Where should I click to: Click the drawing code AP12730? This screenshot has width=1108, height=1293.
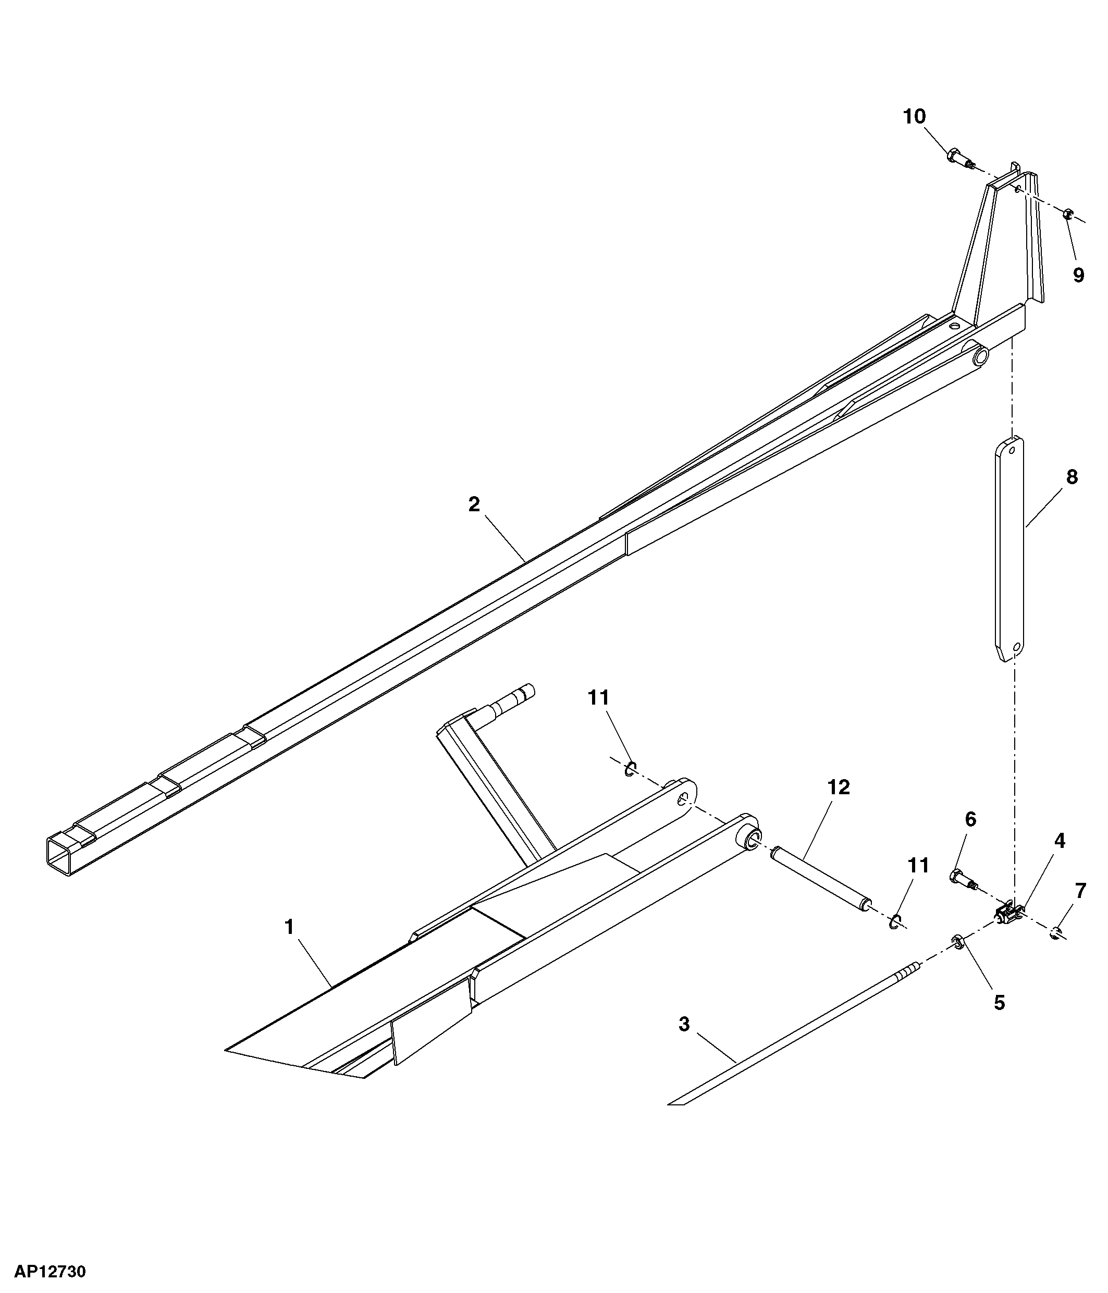pyautogui.click(x=50, y=1271)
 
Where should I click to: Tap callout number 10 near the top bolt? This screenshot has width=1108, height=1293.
pyautogui.click(x=915, y=117)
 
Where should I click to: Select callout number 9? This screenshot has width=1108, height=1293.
pyautogui.click(x=1079, y=275)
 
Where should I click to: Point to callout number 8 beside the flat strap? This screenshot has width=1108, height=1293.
pyautogui.click(x=1072, y=477)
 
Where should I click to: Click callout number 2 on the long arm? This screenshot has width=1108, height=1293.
pyautogui.click(x=474, y=504)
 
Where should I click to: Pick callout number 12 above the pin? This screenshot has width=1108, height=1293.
pyautogui.click(x=839, y=787)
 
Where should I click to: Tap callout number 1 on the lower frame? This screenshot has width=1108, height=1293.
pyautogui.click(x=289, y=927)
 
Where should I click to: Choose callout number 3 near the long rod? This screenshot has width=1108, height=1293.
pyautogui.click(x=684, y=1024)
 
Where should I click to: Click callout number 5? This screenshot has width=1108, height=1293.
pyautogui.click(x=1000, y=1003)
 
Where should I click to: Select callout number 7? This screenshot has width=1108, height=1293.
pyautogui.click(x=1080, y=891)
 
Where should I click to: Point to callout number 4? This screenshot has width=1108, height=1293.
pyautogui.click(x=1060, y=841)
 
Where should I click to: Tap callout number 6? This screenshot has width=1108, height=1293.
pyautogui.click(x=970, y=819)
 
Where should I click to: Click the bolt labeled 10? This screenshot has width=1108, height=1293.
pyautogui.click(x=962, y=159)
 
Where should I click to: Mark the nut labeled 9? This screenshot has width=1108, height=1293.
pyautogui.click(x=1067, y=214)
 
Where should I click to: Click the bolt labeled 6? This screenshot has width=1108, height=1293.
pyautogui.click(x=963, y=880)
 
